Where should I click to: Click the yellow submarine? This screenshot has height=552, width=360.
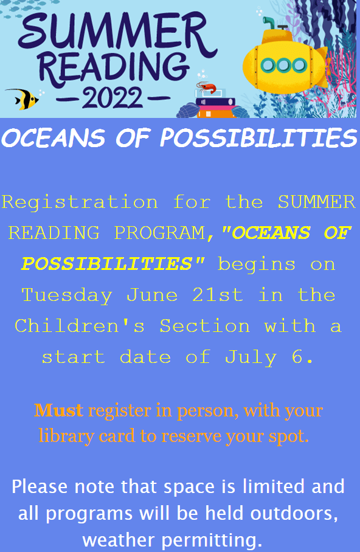285,63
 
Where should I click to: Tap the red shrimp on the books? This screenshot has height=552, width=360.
207,86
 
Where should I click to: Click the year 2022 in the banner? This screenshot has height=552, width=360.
112,97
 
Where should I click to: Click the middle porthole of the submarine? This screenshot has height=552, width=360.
284,65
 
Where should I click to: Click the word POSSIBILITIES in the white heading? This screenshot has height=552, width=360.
259,137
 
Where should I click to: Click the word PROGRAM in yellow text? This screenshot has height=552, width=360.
159,233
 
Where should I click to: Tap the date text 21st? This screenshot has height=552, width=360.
218,295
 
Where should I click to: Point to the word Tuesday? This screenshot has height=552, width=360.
67,295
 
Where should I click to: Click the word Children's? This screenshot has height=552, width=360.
80,325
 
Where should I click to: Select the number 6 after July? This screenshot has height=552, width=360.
297,357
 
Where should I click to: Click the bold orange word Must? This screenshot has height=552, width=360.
58,410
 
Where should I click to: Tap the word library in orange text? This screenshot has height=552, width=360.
66,436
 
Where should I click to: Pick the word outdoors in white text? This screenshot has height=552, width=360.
294,513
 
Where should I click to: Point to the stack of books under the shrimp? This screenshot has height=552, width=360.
216,105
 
